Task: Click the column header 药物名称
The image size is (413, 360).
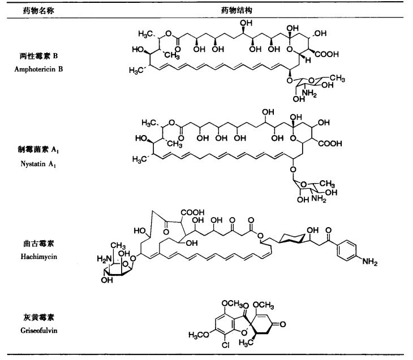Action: (38, 11)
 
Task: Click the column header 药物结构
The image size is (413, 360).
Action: (236, 11)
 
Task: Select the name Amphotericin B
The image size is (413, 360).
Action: (38, 69)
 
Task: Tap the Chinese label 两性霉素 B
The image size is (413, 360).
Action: (38, 56)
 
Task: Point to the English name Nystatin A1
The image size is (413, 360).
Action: (38, 164)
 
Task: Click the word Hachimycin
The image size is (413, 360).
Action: (39, 257)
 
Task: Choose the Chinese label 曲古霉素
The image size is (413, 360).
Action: (38, 244)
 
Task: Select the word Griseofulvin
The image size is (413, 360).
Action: (39, 331)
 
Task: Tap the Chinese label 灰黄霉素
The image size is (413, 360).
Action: (38, 318)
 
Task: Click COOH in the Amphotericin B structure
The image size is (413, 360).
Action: (326, 54)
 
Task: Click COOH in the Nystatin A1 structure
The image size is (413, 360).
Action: (330, 144)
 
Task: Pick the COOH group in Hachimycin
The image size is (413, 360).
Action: (192, 212)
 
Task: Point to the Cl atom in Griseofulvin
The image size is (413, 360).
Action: (226, 345)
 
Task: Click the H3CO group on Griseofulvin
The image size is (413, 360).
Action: (199, 335)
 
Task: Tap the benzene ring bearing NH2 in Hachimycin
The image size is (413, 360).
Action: (347, 250)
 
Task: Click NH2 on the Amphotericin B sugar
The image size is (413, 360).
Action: (309, 93)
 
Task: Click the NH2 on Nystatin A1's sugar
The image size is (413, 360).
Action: (319, 198)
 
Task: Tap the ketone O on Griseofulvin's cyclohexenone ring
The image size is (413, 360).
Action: (282, 324)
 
